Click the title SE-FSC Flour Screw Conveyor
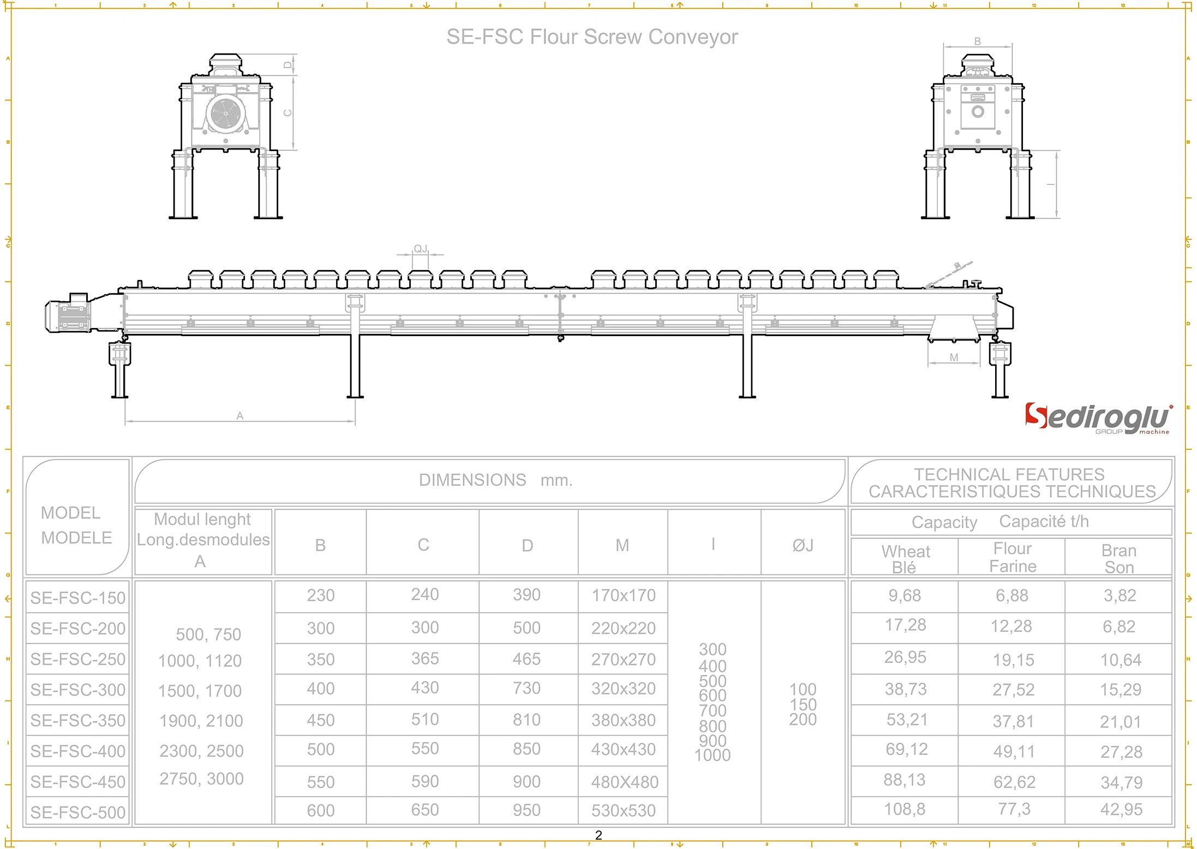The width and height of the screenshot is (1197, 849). point(592,37)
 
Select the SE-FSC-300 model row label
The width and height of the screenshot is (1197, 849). point(78,690)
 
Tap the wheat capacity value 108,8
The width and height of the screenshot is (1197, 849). point(904,809)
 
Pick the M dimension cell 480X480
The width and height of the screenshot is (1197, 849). point(624,782)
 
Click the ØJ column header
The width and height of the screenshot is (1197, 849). point(803,545)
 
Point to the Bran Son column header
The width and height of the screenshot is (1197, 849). point(1119,558)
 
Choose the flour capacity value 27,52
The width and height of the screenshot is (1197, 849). point(1013,690)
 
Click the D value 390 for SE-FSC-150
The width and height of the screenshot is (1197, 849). point(526,595)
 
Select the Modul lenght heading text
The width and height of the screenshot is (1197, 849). point(202,519)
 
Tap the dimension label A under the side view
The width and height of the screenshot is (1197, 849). point(240,416)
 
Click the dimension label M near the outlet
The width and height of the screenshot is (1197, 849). point(954,357)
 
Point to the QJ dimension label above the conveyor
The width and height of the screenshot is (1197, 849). point(420,249)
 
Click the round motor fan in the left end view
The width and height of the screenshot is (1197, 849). point(225,113)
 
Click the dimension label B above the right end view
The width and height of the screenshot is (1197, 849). point(977,41)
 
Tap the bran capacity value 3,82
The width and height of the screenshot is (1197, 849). point(1120,595)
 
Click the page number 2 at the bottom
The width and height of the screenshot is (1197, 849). point(598,835)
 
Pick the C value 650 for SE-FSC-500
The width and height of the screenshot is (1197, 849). point(424,810)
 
